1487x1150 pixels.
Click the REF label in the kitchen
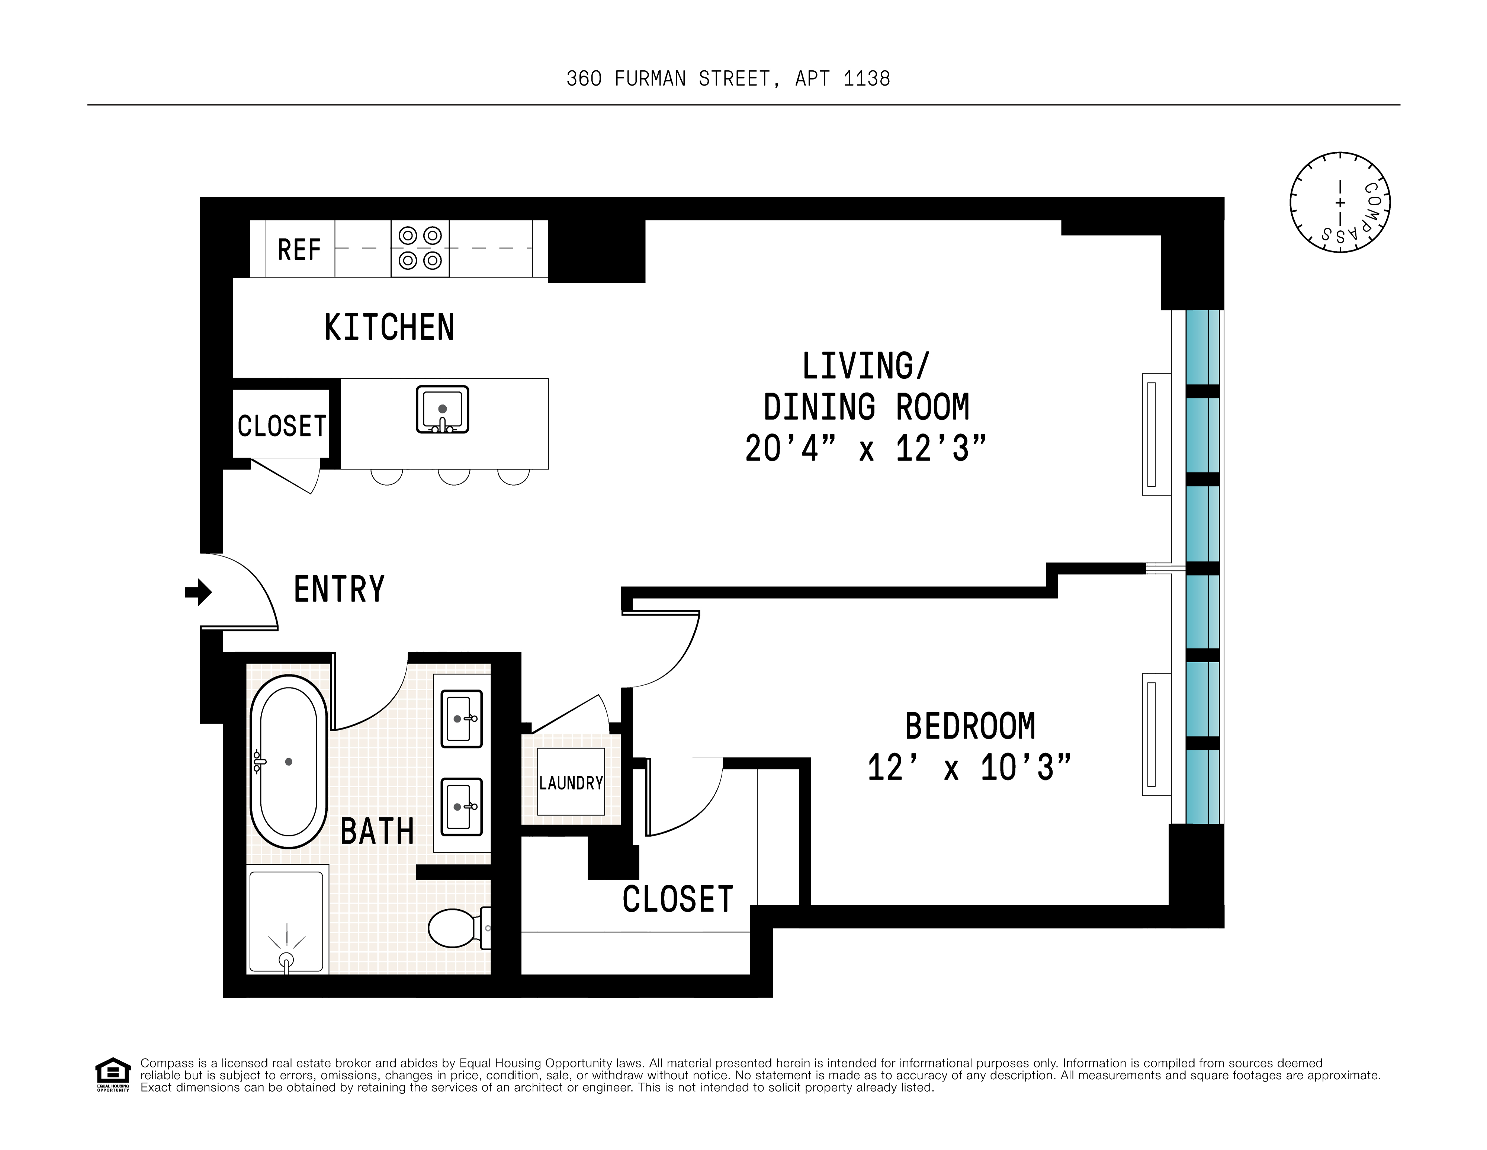pyautogui.click(x=299, y=250)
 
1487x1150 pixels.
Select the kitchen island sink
pyautogui.click(x=443, y=409)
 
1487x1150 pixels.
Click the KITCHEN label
pyautogui.click(x=389, y=327)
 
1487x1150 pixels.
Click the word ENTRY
pyautogui.click(x=339, y=589)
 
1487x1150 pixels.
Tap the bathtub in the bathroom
pyautogui.click(x=289, y=761)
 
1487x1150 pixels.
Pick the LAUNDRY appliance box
pyautogui.click(x=571, y=782)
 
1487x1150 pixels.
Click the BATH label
pyautogui.click(x=377, y=832)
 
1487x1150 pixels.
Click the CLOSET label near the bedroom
pyautogui.click(x=677, y=900)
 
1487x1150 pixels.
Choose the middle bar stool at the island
pyautogui.click(x=454, y=477)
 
